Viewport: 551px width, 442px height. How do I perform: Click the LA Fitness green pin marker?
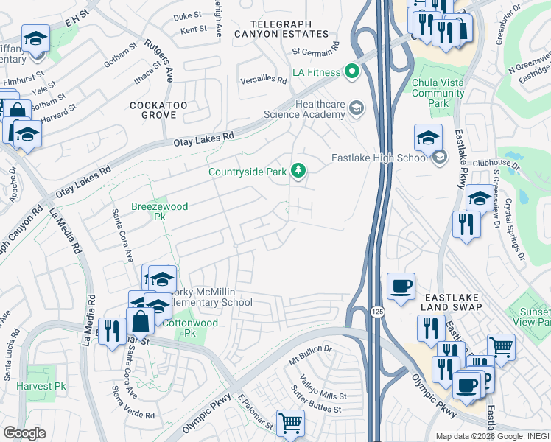[351, 72]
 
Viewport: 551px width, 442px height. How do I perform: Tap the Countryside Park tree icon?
[298, 171]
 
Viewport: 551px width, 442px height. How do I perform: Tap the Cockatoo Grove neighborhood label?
[153, 110]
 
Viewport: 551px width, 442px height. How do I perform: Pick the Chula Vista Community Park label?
[438, 94]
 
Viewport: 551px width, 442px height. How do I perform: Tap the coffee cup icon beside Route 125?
[401, 286]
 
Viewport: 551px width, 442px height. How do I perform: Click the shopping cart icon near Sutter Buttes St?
[290, 423]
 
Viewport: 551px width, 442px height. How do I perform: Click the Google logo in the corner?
[24, 433]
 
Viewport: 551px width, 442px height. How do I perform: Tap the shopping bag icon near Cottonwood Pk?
[140, 320]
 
